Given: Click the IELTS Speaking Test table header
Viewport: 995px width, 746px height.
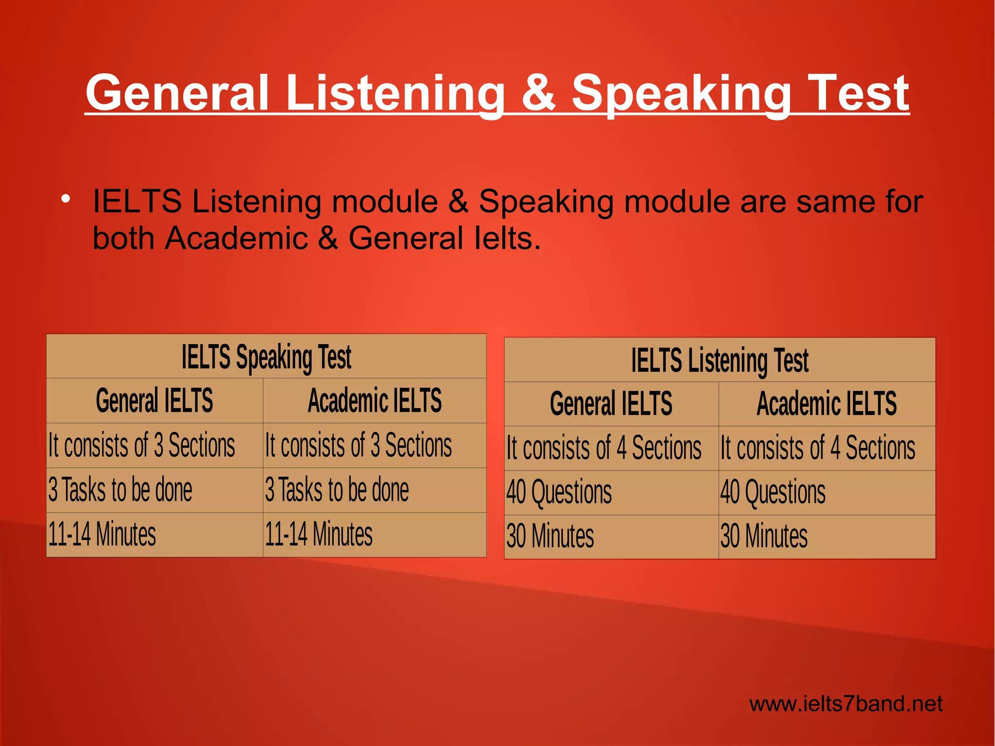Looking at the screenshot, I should pos(266,357).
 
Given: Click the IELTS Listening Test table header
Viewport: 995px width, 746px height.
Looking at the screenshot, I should pos(720,360).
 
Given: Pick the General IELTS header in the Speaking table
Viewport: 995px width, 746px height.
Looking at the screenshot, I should pos(154,401).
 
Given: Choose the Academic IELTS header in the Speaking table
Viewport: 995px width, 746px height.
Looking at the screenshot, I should pos(375,401).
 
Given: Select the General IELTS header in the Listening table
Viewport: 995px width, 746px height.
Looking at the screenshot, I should pos(611,404).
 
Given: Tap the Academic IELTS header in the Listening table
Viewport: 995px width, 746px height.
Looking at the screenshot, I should pos(826,404).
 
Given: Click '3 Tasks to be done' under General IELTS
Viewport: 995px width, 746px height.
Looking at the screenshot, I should pos(120,490).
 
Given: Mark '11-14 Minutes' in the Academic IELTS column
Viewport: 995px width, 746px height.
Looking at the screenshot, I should pos(319,535).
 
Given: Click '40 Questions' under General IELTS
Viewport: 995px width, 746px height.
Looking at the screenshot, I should pos(559,492).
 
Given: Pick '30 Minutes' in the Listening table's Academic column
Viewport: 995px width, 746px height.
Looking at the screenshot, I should pos(764,537).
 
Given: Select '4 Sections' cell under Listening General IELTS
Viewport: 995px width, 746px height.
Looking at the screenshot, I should pos(604,448).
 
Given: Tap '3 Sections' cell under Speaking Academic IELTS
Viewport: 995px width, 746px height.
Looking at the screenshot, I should pos(358,446).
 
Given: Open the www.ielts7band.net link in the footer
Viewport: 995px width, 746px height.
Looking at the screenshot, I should pos(845,704).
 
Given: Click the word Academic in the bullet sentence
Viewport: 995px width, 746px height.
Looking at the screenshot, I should pos(236,238).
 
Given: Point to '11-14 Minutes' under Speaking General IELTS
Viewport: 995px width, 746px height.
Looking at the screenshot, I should pos(102,535).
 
